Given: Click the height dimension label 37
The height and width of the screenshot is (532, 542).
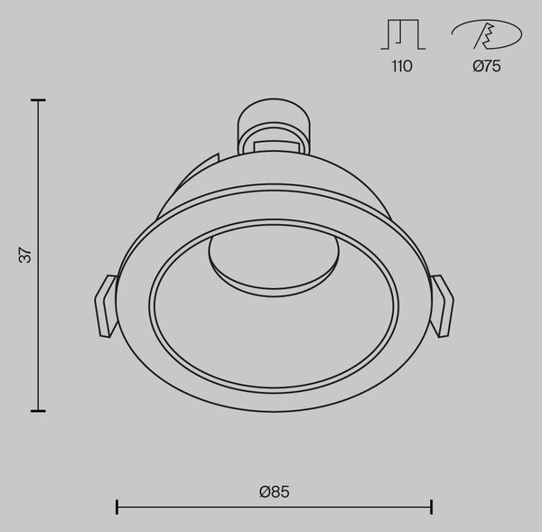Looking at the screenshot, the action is click(26, 255).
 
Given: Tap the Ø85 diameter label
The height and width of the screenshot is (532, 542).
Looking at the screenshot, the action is click(275, 492).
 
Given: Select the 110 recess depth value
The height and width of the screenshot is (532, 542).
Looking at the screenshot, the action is click(402, 66).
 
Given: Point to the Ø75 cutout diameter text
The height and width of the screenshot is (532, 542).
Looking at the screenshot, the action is click(487, 66).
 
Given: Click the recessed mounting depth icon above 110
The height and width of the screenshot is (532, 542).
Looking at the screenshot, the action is click(403, 34).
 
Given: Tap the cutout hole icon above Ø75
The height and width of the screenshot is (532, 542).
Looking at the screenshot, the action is click(487, 34).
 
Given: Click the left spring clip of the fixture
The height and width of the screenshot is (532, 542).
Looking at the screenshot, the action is click(106, 305).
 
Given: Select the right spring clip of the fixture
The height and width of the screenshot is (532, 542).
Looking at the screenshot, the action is click(442, 306).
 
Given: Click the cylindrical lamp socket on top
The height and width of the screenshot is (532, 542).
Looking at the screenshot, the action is click(273, 126).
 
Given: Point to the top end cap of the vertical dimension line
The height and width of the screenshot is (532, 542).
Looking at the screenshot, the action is click(38, 100).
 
